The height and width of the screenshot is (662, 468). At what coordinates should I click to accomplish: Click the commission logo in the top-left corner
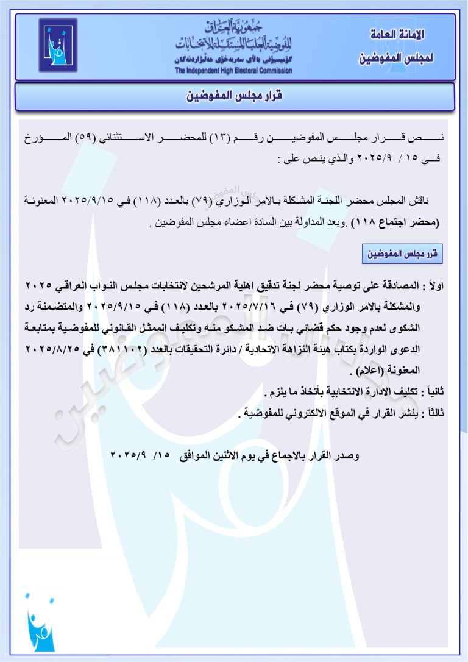[x=58, y=45]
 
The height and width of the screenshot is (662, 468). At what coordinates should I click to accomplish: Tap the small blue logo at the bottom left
[x=40, y=625]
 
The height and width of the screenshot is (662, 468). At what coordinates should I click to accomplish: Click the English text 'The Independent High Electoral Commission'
[x=233, y=71]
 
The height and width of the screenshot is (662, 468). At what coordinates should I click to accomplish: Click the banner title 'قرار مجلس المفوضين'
[x=234, y=96]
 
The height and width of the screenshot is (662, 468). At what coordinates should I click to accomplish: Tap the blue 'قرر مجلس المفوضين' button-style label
[x=402, y=253]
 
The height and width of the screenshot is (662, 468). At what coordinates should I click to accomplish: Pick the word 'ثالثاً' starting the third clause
[x=434, y=414]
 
